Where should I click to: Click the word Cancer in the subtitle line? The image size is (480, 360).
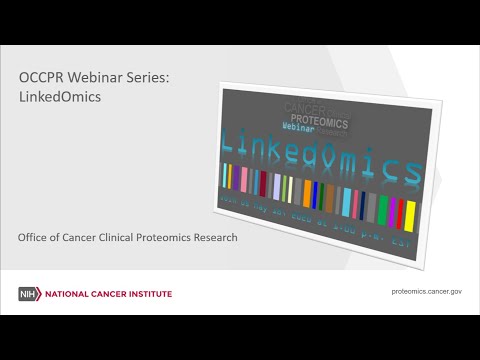92,237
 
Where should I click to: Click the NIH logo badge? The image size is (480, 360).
27,294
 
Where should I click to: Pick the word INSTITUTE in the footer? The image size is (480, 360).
148,294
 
